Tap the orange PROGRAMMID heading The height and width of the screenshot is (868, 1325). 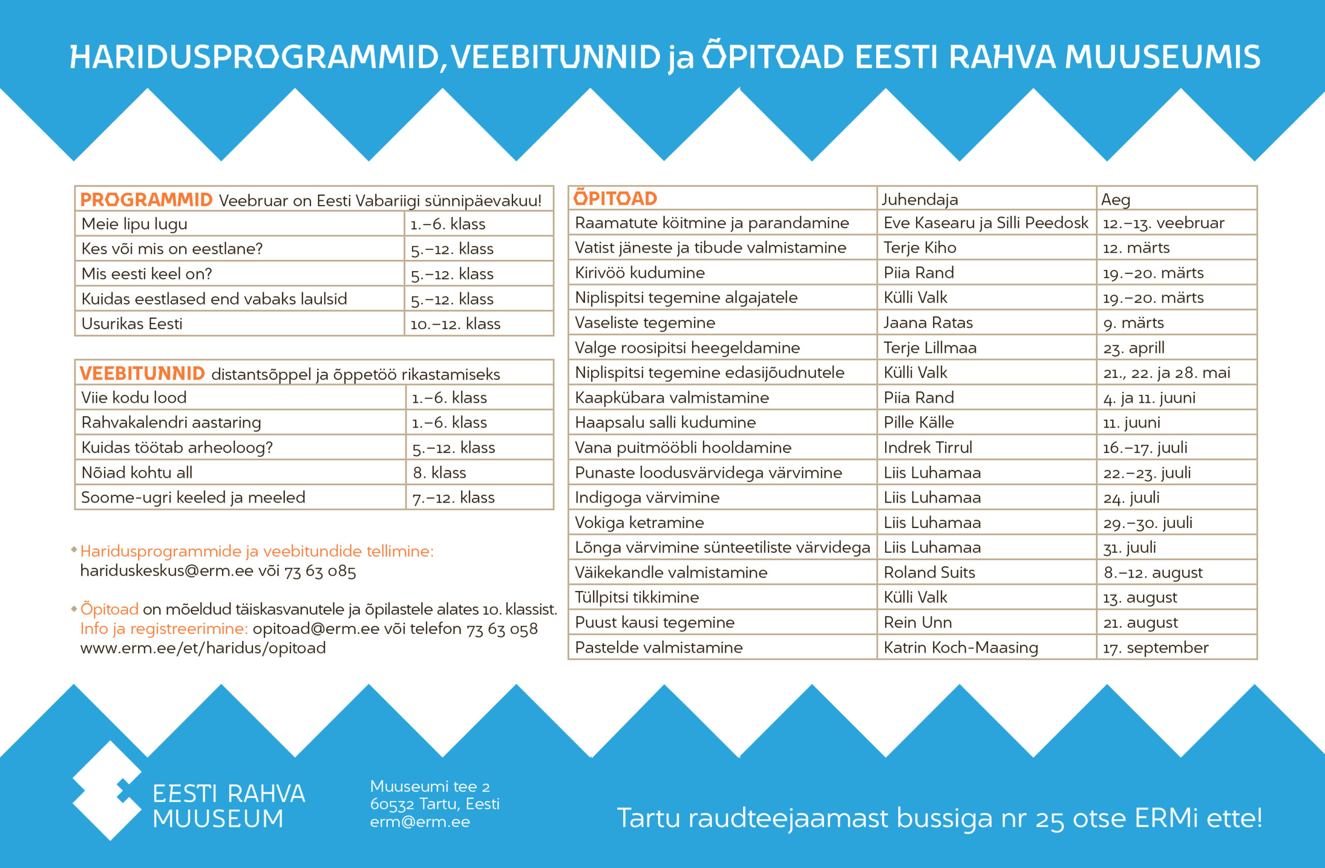tap(146, 199)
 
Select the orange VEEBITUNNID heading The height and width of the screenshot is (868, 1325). tap(142, 373)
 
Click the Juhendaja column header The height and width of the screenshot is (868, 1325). tap(919, 199)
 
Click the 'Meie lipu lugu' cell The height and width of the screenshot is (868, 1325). tap(134, 224)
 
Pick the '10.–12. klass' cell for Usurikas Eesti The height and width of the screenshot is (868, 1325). tap(455, 324)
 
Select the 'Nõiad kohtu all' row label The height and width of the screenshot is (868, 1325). tap(137, 473)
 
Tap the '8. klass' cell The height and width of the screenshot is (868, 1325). tap(439, 473)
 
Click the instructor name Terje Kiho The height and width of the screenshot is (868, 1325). tap(920, 248)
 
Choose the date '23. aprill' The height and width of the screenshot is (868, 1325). tap(1133, 348)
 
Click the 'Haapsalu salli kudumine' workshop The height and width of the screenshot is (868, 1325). tap(665, 422)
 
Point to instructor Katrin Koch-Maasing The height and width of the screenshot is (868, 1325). tap(960, 648)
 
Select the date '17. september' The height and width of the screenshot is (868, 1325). tap(1156, 648)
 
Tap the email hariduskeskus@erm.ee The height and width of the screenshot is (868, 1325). tap(167, 571)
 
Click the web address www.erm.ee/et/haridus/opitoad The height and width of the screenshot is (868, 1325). tap(203, 648)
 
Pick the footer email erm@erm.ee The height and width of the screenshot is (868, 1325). tap(420, 822)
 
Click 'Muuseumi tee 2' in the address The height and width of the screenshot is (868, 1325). tap(430, 786)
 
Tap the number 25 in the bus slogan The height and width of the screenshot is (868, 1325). tap(1050, 819)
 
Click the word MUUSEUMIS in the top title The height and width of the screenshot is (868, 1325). tap(1162, 57)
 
